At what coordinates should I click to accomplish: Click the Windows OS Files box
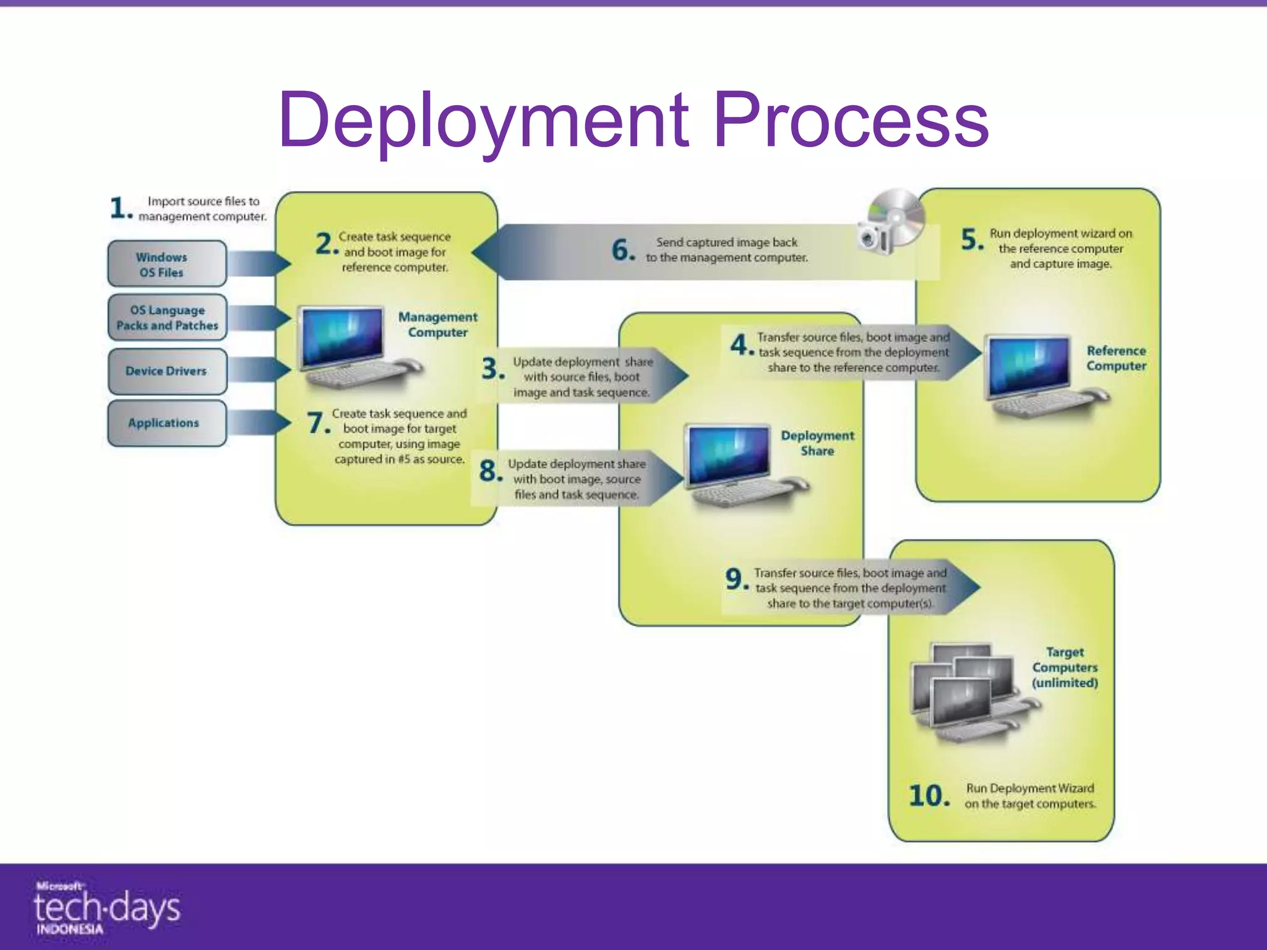(166, 264)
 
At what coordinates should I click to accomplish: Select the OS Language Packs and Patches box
(167, 317)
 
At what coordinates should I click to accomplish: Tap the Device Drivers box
(167, 371)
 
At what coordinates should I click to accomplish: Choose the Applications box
(166, 423)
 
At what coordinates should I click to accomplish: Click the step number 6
(623, 250)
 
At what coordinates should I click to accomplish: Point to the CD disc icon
(897, 216)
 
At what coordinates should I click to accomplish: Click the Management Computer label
(437, 324)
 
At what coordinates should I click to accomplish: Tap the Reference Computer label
(1116, 358)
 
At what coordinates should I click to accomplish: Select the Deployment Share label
(817, 443)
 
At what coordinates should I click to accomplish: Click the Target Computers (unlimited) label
(1064, 667)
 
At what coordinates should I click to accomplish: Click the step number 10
(929, 795)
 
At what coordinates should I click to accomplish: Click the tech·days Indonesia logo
(106, 908)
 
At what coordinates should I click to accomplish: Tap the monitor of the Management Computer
(341, 337)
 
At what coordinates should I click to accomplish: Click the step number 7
(317, 424)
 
